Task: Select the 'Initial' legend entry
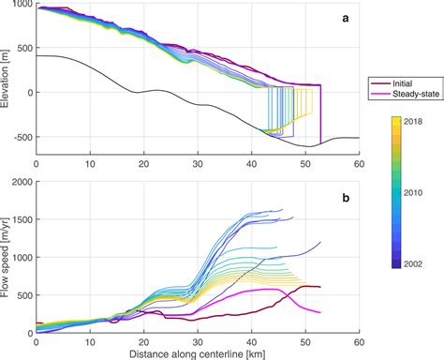[x=400, y=82]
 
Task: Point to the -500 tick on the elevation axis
[x=22, y=137]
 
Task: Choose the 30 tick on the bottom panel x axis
[x=197, y=341]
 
